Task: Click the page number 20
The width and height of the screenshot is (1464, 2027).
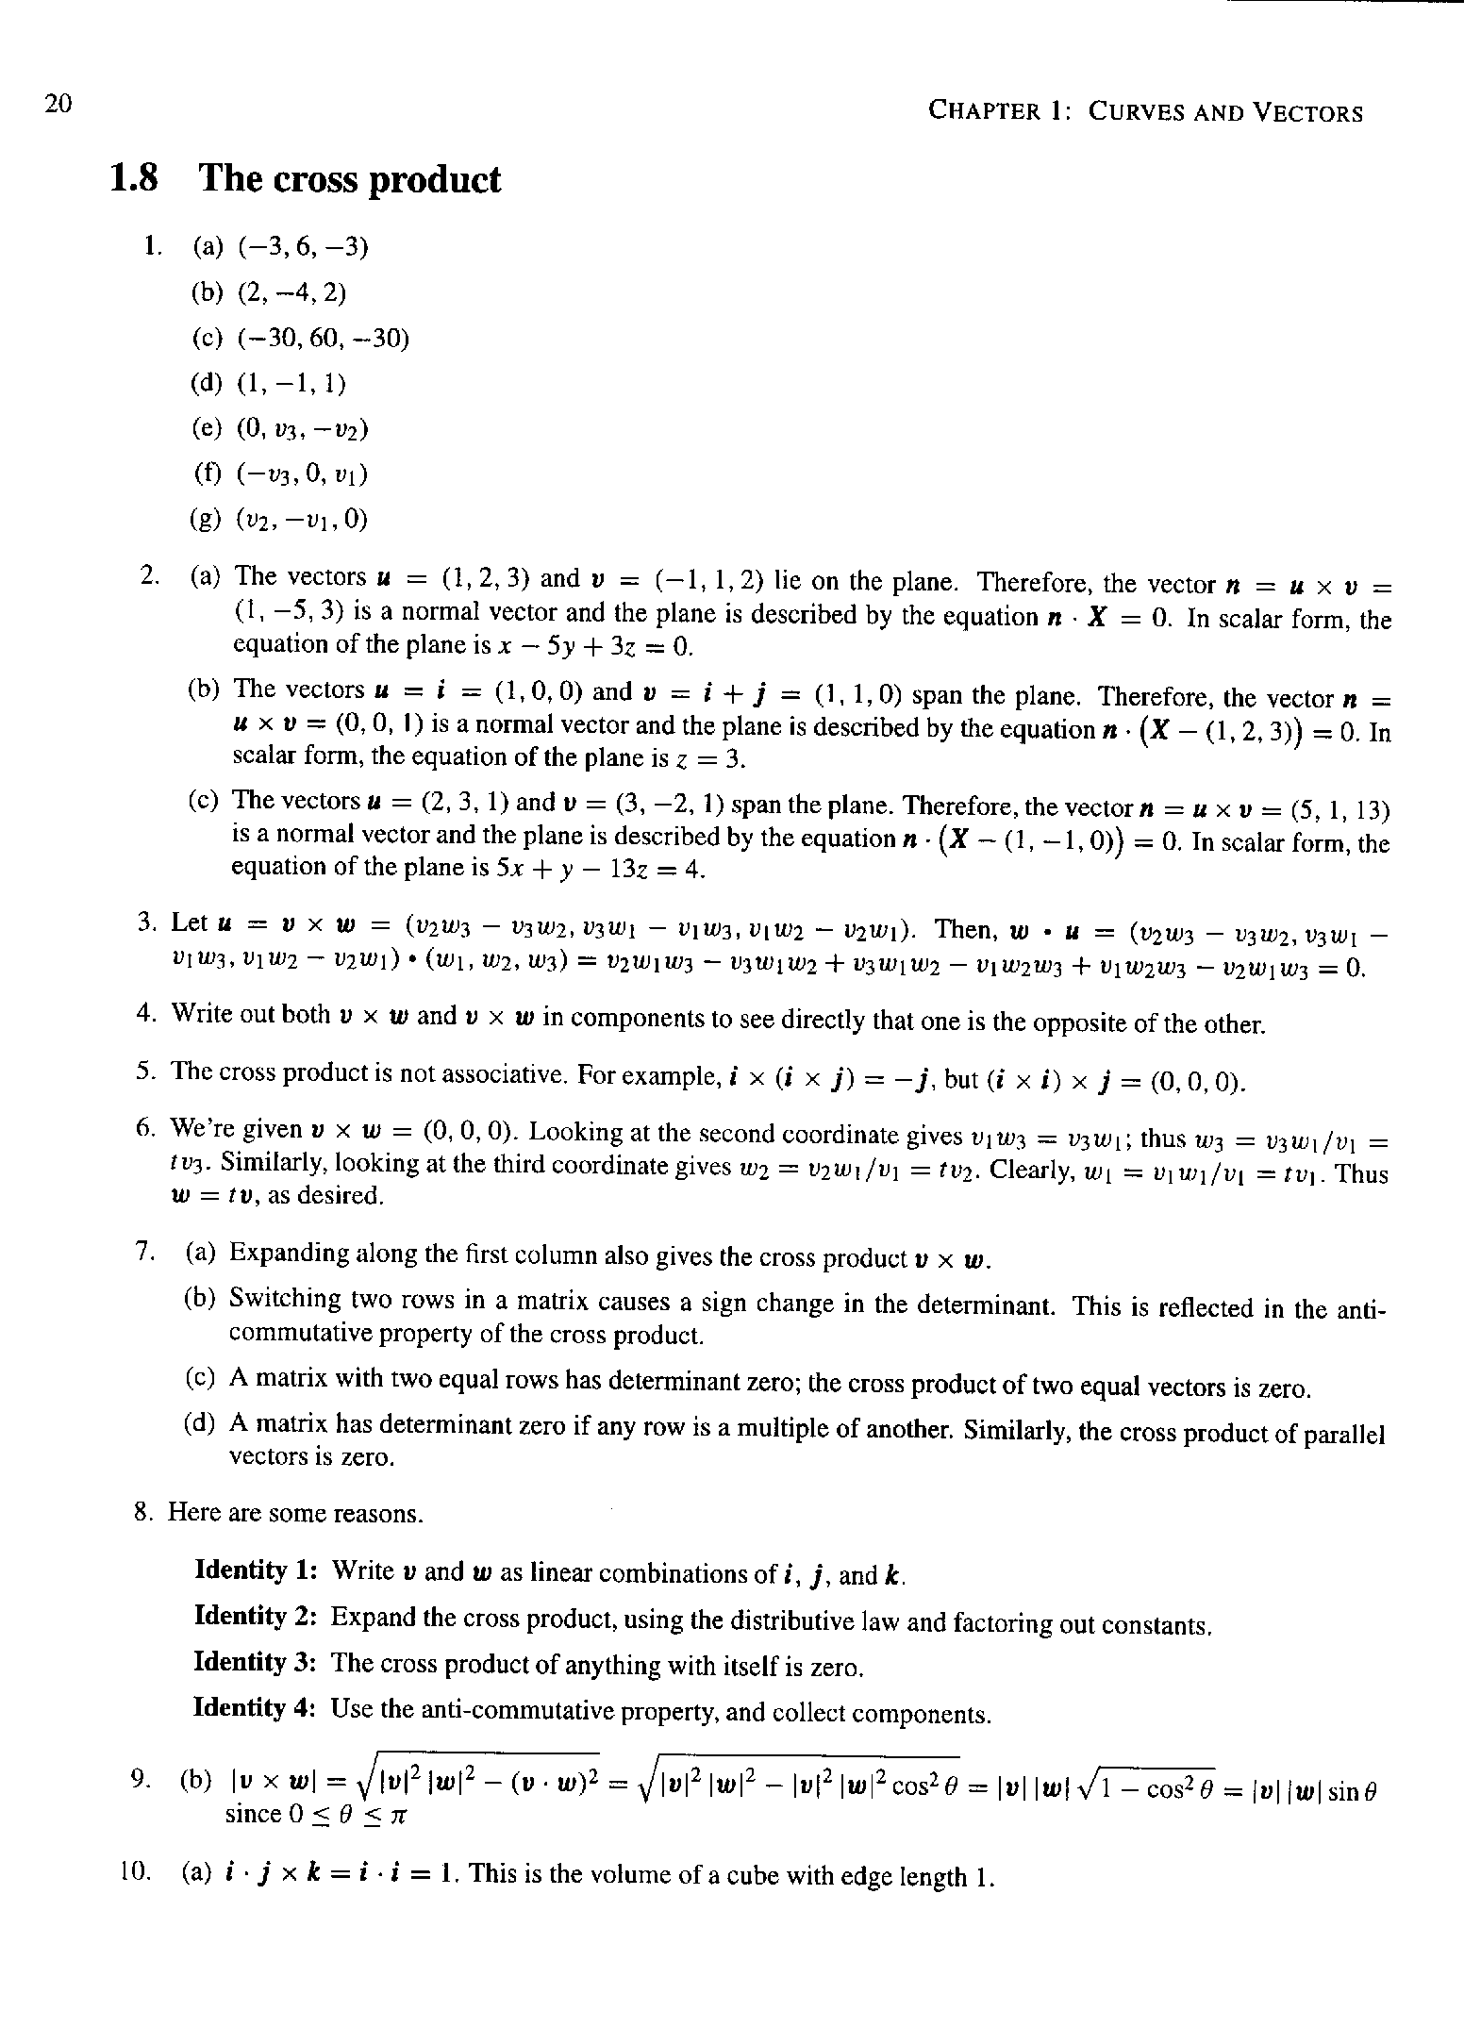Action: point(58,103)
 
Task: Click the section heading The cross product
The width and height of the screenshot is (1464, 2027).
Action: point(349,179)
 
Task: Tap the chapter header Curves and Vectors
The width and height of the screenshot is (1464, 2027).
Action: point(1145,112)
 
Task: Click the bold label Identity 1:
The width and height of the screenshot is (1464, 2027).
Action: point(254,1570)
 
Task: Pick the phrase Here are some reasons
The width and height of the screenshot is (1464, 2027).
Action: point(296,1513)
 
